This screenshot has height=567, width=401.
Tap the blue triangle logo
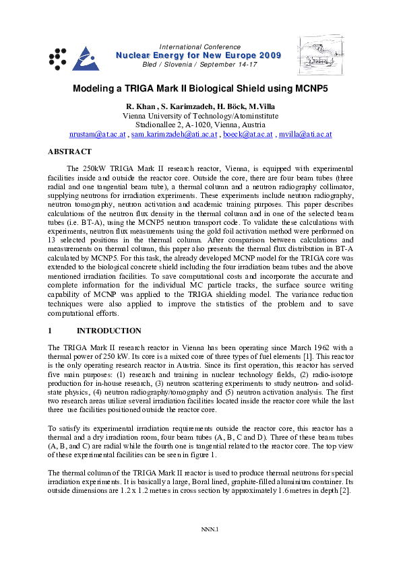(85, 59)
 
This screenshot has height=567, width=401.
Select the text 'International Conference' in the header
(199, 46)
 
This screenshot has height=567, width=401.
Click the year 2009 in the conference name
(267, 55)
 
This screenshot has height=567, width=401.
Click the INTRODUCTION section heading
(109, 331)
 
